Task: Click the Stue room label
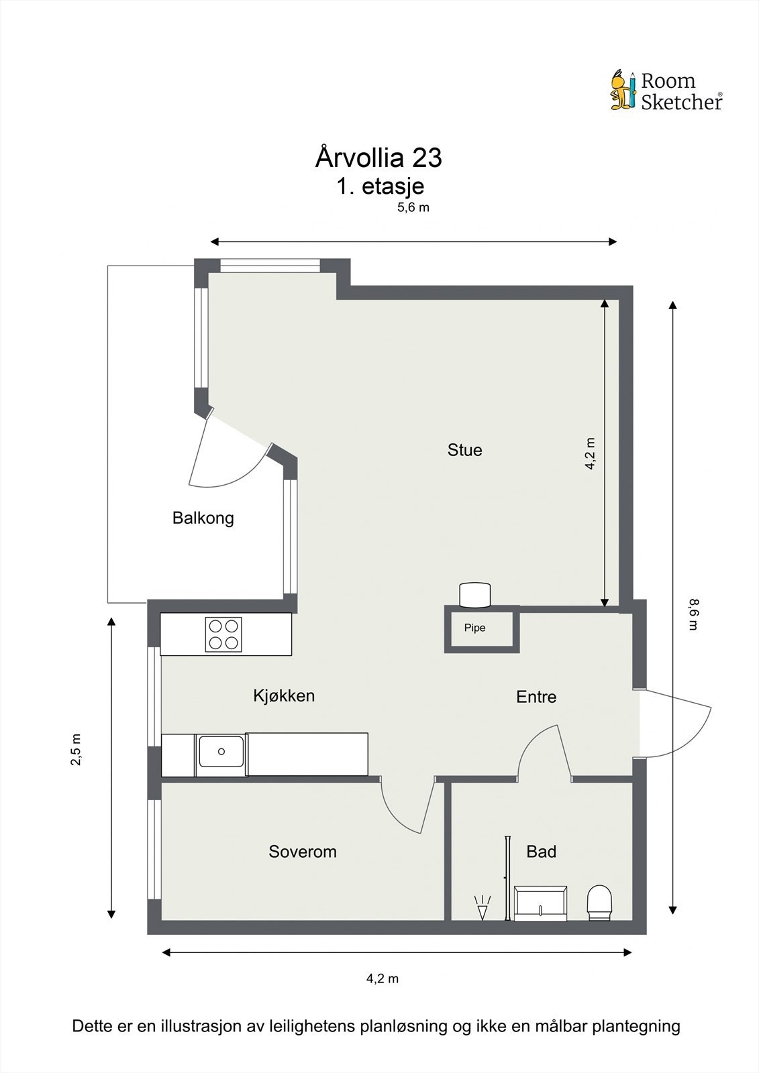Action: [464, 450]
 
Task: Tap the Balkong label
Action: [203, 518]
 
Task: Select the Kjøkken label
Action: [284, 695]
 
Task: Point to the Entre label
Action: [536, 697]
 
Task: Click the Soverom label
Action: [303, 851]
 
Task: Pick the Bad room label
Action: [542, 851]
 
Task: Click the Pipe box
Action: [482, 629]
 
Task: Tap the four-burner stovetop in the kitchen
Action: [223, 634]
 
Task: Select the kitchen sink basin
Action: [221, 752]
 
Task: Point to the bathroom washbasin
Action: [540, 903]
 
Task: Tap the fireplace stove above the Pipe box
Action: [474, 594]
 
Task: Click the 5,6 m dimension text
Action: [413, 207]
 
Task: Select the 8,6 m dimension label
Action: [693, 614]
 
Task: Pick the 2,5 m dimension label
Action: [76, 750]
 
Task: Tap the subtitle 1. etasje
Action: [381, 186]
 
